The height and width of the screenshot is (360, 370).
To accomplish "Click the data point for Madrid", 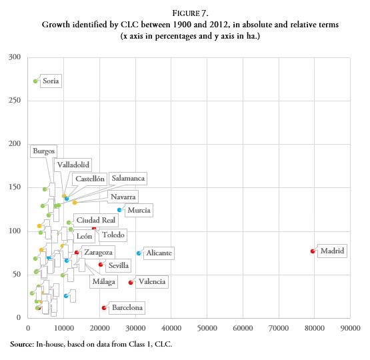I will pyautogui.click(x=312, y=251).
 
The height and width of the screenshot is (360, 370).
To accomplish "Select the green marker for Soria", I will pyautogui.click(x=35, y=81).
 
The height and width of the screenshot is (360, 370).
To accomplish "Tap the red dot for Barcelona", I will pyautogui.click(x=103, y=308).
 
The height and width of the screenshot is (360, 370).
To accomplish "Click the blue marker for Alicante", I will pyautogui.click(x=139, y=253).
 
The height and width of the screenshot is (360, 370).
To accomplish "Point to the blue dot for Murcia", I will pyautogui.click(x=119, y=210).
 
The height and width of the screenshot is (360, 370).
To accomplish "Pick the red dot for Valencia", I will pyautogui.click(x=131, y=283).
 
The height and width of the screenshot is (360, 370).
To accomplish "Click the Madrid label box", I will pyautogui.click(x=332, y=251).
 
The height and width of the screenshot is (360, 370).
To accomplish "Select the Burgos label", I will pyautogui.click(x=44, y=151).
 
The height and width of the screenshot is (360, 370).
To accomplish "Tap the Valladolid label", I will pyautogui.click(x=73, y=165).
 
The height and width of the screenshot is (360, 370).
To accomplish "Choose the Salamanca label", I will pyautogui.click(x=128, y=179).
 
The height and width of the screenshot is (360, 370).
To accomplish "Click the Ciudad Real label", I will pyautogui.click(x=97, y=220).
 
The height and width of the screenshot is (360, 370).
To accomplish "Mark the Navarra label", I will pyautogui.click(x=123, y=197).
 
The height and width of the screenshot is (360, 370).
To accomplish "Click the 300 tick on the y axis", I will pyautogui.click(x=13, y=57).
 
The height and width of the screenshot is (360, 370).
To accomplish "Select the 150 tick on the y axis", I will pyautogui.click(x=13, y=187).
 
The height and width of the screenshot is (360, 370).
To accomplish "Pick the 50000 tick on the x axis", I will pyautogui.click(x=207, y=329).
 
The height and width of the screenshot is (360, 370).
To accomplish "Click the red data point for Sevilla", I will pyautogui.click(x=101, y=265).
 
